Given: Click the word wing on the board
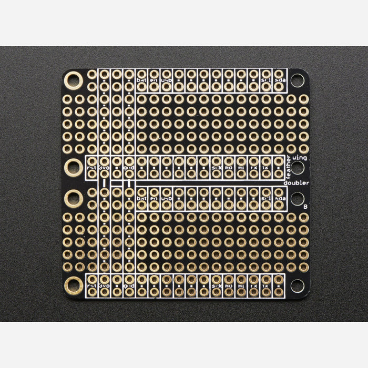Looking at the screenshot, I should (300, 157).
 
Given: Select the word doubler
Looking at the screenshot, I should (296, 182).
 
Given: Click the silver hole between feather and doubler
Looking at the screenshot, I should (297, 169).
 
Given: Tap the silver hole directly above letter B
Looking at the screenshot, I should (297, 198).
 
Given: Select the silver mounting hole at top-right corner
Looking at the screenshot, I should (297, 80).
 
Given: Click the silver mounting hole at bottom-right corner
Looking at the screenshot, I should (297, 285).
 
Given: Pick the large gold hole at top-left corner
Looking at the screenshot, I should (73, 80).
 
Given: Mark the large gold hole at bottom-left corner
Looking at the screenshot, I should (73, 285).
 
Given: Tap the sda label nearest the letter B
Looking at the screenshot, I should (279, 199).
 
